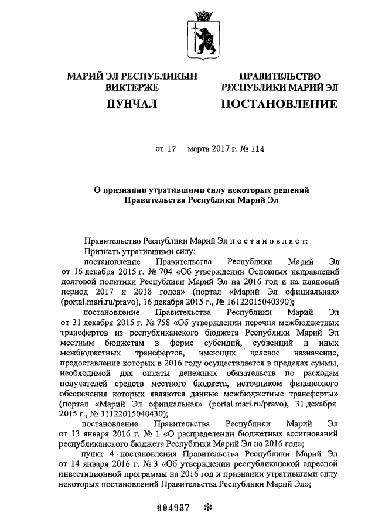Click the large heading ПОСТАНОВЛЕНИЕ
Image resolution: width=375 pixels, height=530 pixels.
tap(278, 105)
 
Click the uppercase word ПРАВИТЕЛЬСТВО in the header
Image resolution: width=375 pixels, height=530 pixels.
tap(279, 77)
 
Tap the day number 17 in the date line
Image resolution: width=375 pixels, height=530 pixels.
tap(171, 149)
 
